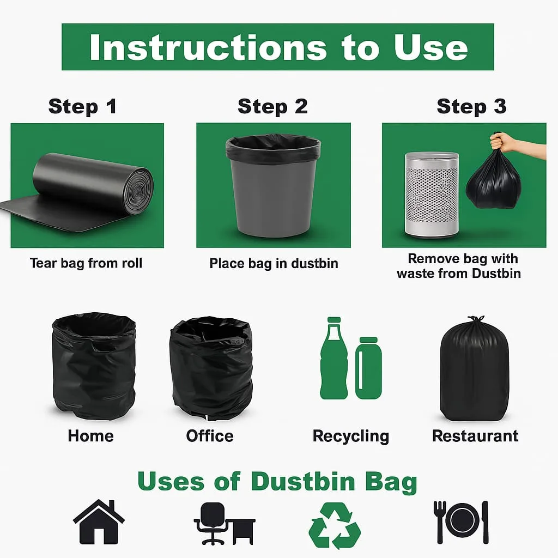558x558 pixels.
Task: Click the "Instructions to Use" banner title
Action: click(278, 48)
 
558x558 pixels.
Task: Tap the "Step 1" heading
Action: click(83, 106)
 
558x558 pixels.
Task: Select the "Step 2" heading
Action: click(272, 106)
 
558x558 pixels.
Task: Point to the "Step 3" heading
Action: click(471, 106)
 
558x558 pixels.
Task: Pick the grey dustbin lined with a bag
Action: click(274, 185)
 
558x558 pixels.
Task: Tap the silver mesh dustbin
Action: click(432, 194)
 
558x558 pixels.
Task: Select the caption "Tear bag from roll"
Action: click(86, 263)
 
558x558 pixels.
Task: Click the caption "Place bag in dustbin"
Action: click(274, 263)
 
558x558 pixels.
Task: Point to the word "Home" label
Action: click(91, 436)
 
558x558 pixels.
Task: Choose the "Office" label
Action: click(210, 436)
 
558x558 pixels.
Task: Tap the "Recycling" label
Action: click(351, 436)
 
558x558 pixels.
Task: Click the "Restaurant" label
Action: click(475, 436)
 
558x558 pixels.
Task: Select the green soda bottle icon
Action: click(334, 358)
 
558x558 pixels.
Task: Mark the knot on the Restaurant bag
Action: click(476, 318)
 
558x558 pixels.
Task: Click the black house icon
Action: click(99, 522)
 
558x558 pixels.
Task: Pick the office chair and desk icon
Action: click(225, 524)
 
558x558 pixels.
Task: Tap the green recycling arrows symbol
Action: click(335, 525)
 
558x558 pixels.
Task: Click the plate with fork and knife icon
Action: click(461, 522)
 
